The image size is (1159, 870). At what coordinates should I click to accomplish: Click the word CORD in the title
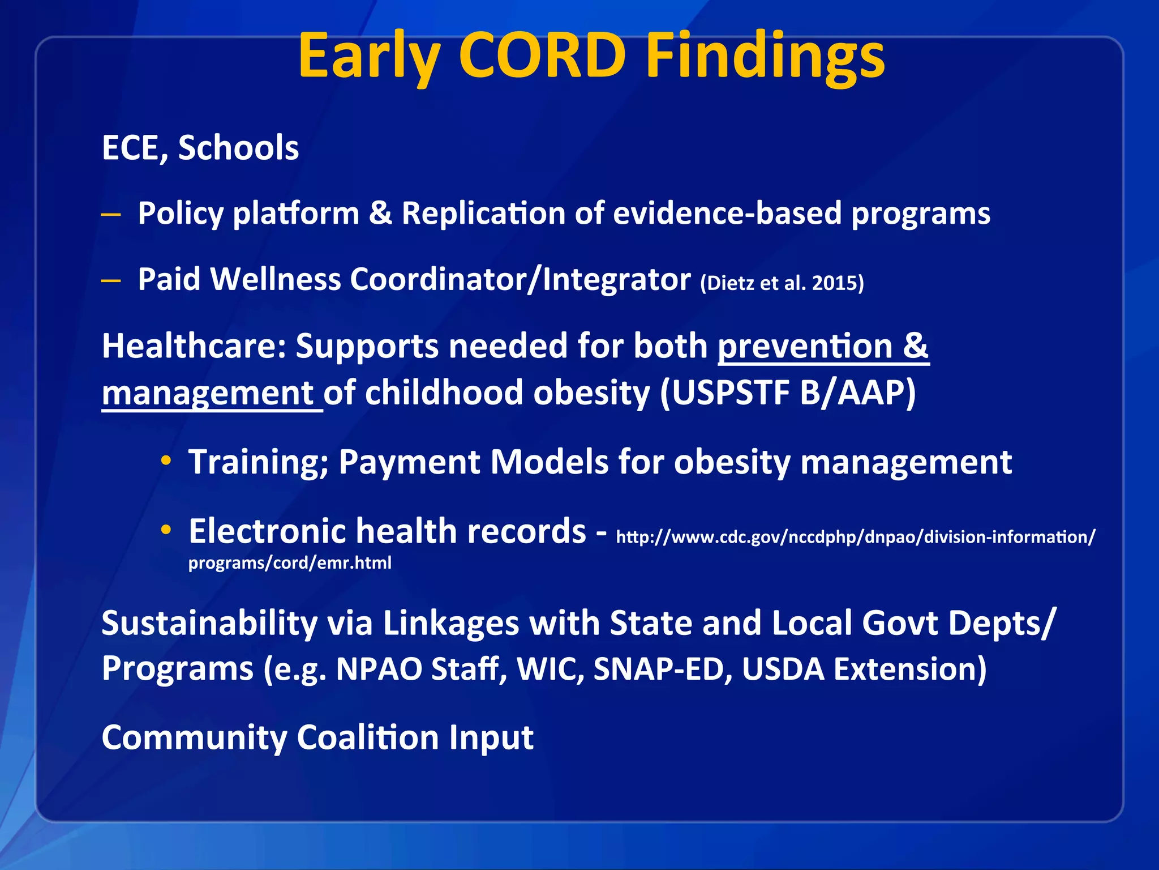(x=542, y=56)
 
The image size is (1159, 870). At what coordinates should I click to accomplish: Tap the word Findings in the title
(x=765, y=56)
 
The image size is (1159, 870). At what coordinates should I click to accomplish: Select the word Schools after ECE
(x=238, y=148)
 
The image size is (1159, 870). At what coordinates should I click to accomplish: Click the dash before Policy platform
(x=111, y=215)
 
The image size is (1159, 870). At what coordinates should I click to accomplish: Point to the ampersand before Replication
(x=380, y=214)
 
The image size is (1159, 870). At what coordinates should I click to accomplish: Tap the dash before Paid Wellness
(x=111, y=280)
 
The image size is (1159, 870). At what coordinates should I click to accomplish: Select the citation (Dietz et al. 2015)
(x=782, y=283)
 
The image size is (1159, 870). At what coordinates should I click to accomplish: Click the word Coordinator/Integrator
(x=520, y=279)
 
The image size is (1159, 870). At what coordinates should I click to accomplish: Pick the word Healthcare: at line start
(x=194, y=346)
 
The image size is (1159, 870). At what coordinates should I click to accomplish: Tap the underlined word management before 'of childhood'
(x=208, y=393)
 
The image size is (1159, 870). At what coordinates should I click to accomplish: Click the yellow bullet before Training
(x=166, y=460)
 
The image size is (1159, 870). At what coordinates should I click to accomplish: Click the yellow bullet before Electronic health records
(x=166, y=530)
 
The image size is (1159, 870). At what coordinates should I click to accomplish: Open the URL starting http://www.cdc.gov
(x=855, y=537)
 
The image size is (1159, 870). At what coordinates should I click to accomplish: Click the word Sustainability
(x=209, y=623)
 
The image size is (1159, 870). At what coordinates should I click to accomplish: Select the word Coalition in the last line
(x=368, y=737)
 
